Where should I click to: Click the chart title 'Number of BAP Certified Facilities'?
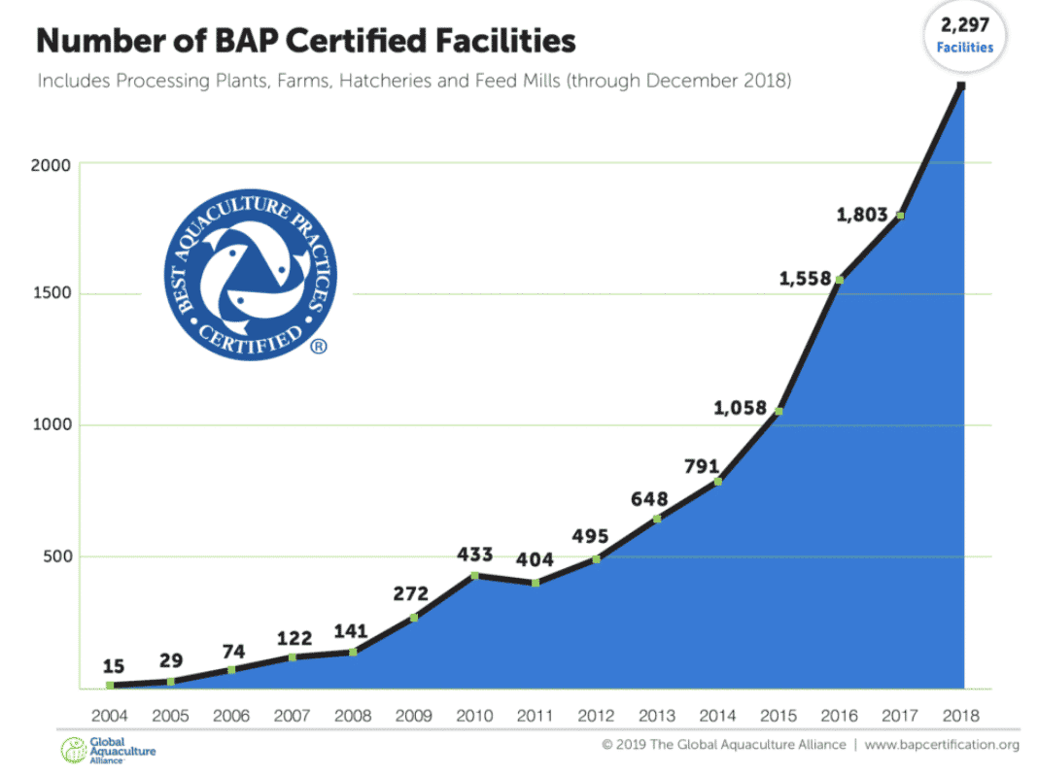[306, 41]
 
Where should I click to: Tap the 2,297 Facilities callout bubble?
[965, 35]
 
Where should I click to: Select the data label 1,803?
[863, 216]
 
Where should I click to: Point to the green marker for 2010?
[474, 576]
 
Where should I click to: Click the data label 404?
[535, 559]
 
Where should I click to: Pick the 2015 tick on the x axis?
[778, 716]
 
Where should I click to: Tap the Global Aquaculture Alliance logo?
[108, 750]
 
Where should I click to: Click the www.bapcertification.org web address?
[941, 745]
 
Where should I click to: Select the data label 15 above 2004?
[113, 666]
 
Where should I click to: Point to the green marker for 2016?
[839, 280]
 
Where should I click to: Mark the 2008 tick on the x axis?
[353, 716]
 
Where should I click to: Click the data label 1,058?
[740, 408]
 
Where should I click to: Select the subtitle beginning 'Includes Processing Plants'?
[414, 81]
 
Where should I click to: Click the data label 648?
[649, 499]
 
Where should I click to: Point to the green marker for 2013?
[657, 519]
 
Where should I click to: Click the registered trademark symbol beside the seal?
[318, 346]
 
